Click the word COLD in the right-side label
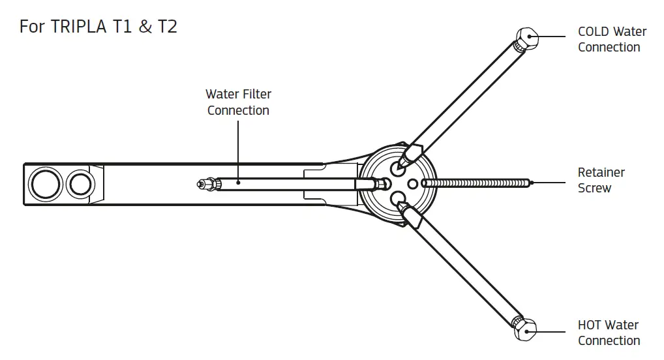coord(593,32)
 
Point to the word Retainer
coord(601,173)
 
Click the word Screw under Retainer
coord(594,188)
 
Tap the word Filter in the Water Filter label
coord(257,95)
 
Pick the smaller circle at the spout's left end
coord(80,184)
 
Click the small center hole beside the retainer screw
coord(412,184)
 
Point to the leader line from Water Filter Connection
coord(238,150)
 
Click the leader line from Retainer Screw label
coord(551,183)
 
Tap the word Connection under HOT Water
coord(609,340)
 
